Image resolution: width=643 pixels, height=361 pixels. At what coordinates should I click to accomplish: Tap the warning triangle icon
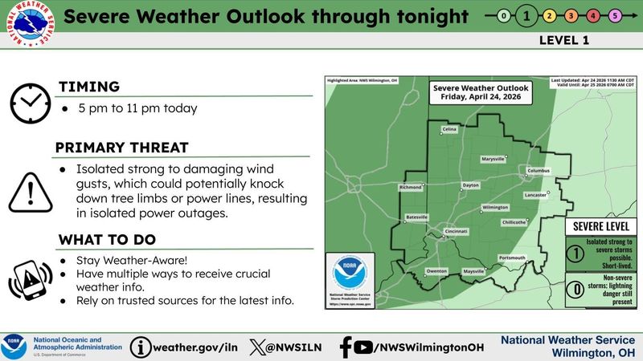(x=30, y=191)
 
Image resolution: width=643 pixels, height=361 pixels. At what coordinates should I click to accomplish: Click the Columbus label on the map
(x=538, y=171)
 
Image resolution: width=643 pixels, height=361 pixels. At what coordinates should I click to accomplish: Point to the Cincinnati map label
(x=456, y=231)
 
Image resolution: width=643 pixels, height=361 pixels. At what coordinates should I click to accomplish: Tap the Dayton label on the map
(x=471, y=185)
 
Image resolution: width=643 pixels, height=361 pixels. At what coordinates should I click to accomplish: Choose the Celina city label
(x=448, y=129)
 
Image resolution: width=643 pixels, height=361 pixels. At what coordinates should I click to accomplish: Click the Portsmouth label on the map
(x=511, y=257)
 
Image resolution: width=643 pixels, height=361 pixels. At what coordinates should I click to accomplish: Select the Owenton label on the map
(x=436, y=271)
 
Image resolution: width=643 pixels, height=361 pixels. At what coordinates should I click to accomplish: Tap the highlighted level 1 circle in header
(x=526, y=15)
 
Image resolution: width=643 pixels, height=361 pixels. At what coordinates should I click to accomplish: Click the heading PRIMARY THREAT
(x=121, y=148)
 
